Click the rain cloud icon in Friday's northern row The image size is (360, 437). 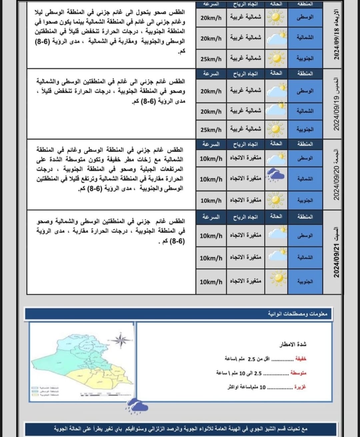tap(276, 175)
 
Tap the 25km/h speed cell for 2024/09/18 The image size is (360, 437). tap(211, 59)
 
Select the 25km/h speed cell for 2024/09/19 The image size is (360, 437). tap(211, 130)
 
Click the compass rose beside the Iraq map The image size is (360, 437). tap(121, 340)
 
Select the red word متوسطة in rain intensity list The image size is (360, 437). tap(298, 373)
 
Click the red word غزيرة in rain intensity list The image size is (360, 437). tap(300, 387)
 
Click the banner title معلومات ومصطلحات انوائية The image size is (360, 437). tap(298, 314)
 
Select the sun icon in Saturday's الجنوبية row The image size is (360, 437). tap(276, 278)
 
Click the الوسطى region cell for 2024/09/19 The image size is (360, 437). tap(305, 91)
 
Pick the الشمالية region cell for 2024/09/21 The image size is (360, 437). tap(305, 258)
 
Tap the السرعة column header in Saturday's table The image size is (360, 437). tap(211, 217)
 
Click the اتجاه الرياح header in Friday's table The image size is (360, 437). tap(245, 144)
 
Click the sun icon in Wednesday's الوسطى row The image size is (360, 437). tap(276, 17)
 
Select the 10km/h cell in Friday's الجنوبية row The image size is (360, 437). tap(211, 200)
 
